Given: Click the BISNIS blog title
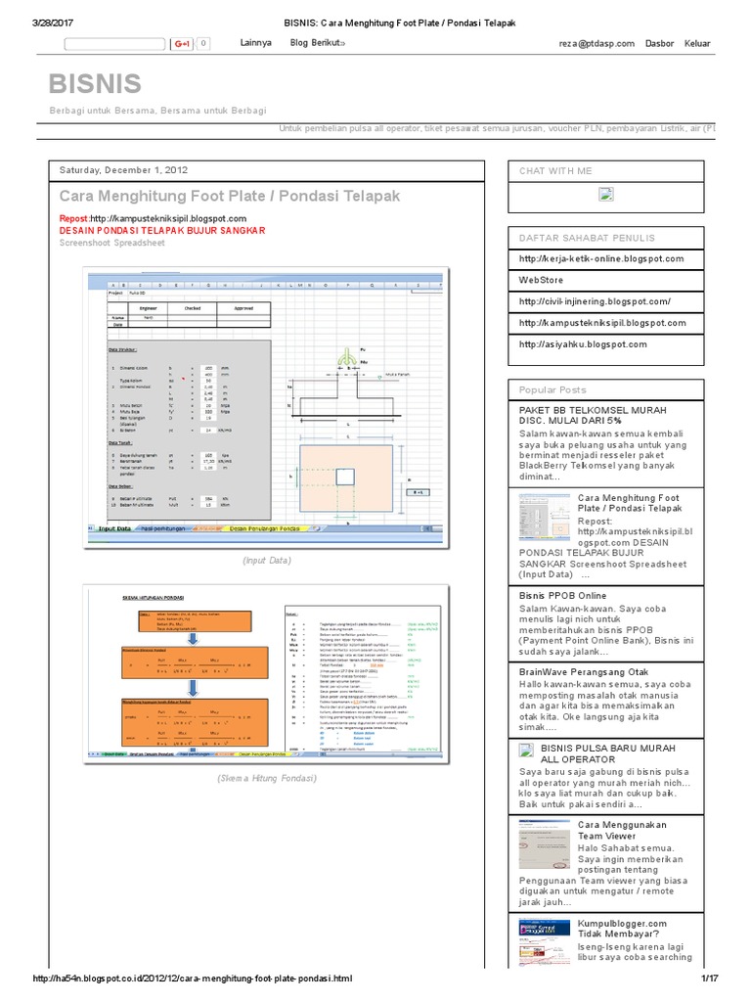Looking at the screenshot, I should point(96,84).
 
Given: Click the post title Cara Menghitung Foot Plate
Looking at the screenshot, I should point(230,196).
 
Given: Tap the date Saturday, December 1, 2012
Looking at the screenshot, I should point(124,169).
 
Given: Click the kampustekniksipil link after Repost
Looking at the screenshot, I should point(168,218).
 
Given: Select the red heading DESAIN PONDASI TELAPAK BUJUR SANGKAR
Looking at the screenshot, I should point(162,231).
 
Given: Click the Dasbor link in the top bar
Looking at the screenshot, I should point(660,43).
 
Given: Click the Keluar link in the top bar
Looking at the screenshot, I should point(697,43).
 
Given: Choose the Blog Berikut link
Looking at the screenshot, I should point(317,43).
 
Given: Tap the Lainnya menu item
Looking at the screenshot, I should point(255,43).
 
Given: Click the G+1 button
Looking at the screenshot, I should point(182,44).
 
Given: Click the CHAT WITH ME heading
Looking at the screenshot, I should point(556,171).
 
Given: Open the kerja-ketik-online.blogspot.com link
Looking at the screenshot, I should point(601,258).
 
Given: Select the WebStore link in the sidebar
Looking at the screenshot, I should point(542,280).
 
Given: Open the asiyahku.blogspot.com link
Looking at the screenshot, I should point(583,344).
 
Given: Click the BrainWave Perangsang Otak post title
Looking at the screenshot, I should point(584,671).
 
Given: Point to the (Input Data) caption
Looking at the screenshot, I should point(267,561).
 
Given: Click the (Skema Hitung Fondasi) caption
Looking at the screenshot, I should point(267,778).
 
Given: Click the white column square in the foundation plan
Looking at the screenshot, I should point(345,477).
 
